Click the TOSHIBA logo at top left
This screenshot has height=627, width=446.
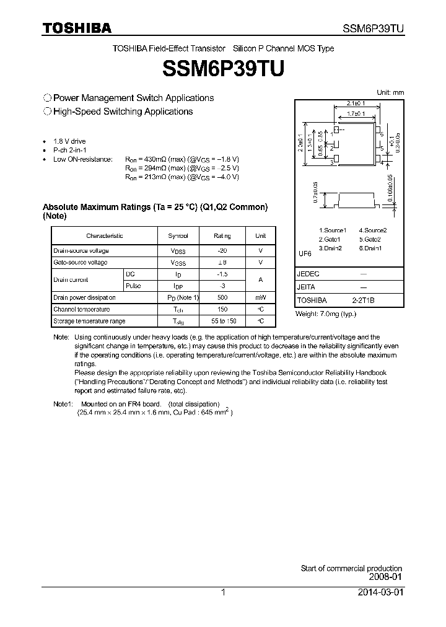77,28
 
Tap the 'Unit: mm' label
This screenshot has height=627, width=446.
390,92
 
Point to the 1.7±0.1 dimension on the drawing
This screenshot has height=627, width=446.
356,114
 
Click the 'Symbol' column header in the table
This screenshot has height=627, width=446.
183,236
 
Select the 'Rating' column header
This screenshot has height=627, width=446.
222,236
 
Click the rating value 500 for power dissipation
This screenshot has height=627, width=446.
222,297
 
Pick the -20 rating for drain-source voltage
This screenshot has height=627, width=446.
222,250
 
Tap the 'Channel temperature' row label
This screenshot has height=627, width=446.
82,309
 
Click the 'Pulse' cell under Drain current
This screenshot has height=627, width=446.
133,286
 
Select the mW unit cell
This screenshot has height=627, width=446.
260,297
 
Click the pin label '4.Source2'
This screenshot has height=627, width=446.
372,230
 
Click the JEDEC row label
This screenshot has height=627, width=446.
308,274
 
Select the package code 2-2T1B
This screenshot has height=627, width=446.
363,300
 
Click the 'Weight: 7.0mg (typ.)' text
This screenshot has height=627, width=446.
326,314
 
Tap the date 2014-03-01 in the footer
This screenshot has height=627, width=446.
380,592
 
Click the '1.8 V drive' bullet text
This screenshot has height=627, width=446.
71,142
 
